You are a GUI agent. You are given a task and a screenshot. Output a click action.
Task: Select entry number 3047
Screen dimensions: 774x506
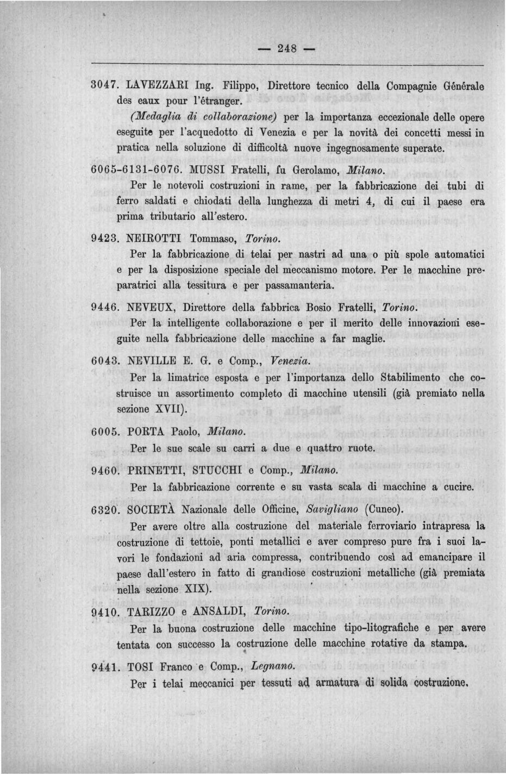tap(105, 86)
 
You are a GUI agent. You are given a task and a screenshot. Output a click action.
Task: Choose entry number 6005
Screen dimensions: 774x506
tap(105, 432)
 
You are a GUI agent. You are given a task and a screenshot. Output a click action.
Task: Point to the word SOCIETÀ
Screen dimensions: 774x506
tap(151, 510)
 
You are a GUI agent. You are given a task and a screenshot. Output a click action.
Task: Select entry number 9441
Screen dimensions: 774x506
tap(105, 667)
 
